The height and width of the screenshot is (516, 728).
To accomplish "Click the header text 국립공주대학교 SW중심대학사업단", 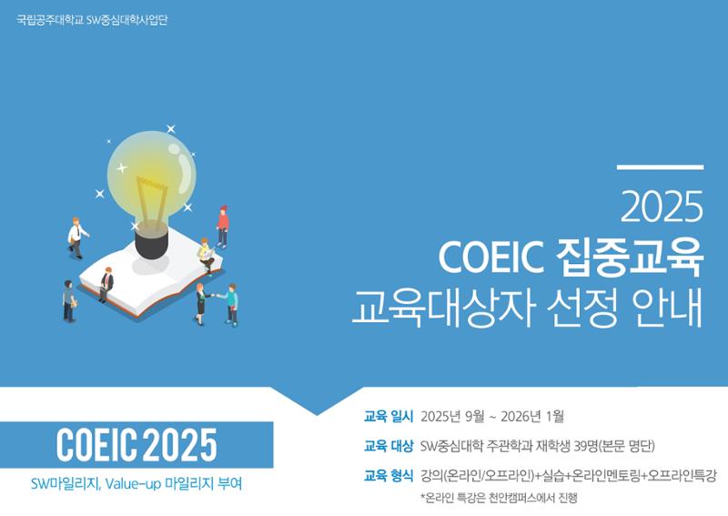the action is point(92,20).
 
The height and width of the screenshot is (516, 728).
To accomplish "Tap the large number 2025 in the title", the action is point(662,207).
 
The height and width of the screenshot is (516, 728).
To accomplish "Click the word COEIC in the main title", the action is point(491,258).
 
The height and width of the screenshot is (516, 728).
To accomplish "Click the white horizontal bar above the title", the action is point(661,167).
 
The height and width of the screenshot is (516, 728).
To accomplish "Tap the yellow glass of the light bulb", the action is point(151,177).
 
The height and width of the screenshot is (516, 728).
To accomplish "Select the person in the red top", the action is point(223,228).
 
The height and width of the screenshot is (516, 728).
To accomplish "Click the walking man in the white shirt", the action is point(77,238).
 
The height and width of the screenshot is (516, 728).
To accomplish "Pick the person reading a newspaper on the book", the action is point(206,257).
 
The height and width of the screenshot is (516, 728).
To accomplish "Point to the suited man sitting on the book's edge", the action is point(106,285).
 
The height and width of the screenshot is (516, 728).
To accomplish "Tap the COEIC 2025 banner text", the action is point(136,445).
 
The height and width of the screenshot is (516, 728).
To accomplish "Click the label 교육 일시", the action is point(389,416).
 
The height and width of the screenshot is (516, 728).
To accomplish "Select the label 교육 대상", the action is point(389,446).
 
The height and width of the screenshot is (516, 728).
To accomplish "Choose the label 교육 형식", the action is point(389,476).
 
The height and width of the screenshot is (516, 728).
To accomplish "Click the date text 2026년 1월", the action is point(532,416).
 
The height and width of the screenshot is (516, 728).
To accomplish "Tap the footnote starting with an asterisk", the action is point(499,499).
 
